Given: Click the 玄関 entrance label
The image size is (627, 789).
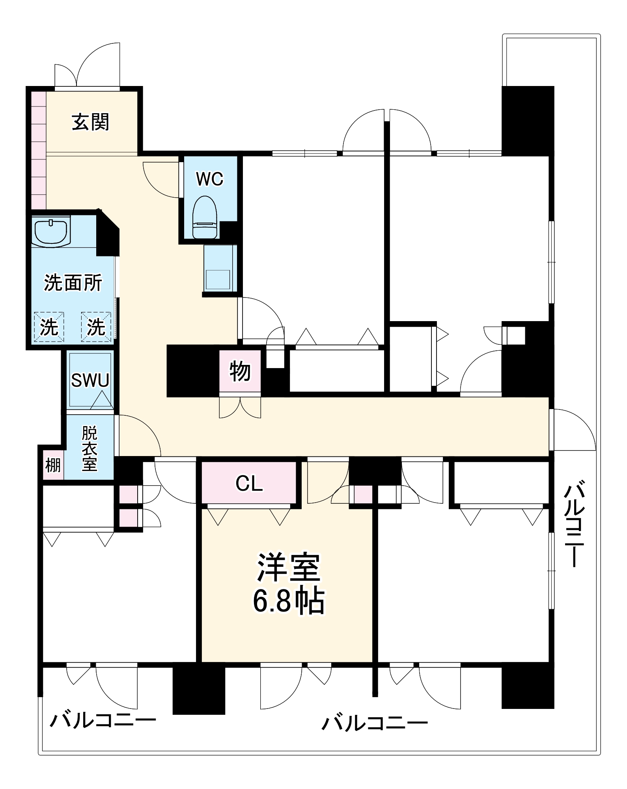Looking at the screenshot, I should click(x=90, y=122).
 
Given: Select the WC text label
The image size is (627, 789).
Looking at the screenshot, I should click(x=209, y=179).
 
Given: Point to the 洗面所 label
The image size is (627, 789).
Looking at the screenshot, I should click(x=73, y=283).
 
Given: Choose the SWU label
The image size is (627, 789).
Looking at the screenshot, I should click(x=90, y=380).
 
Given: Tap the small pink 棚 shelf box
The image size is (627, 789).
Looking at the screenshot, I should click(x=53, y=465).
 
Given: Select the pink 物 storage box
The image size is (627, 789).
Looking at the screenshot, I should click(x=240, y=371).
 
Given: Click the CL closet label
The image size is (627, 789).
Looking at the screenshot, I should click(x=249, y=483).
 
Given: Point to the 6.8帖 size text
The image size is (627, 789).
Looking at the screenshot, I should click(x=288, y=602).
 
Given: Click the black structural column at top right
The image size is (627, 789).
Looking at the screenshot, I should click(x=528, y=120).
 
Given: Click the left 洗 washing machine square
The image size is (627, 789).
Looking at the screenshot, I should click(x=49, y=327).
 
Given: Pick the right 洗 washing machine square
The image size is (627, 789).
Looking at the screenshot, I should click(x=96, y=327).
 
